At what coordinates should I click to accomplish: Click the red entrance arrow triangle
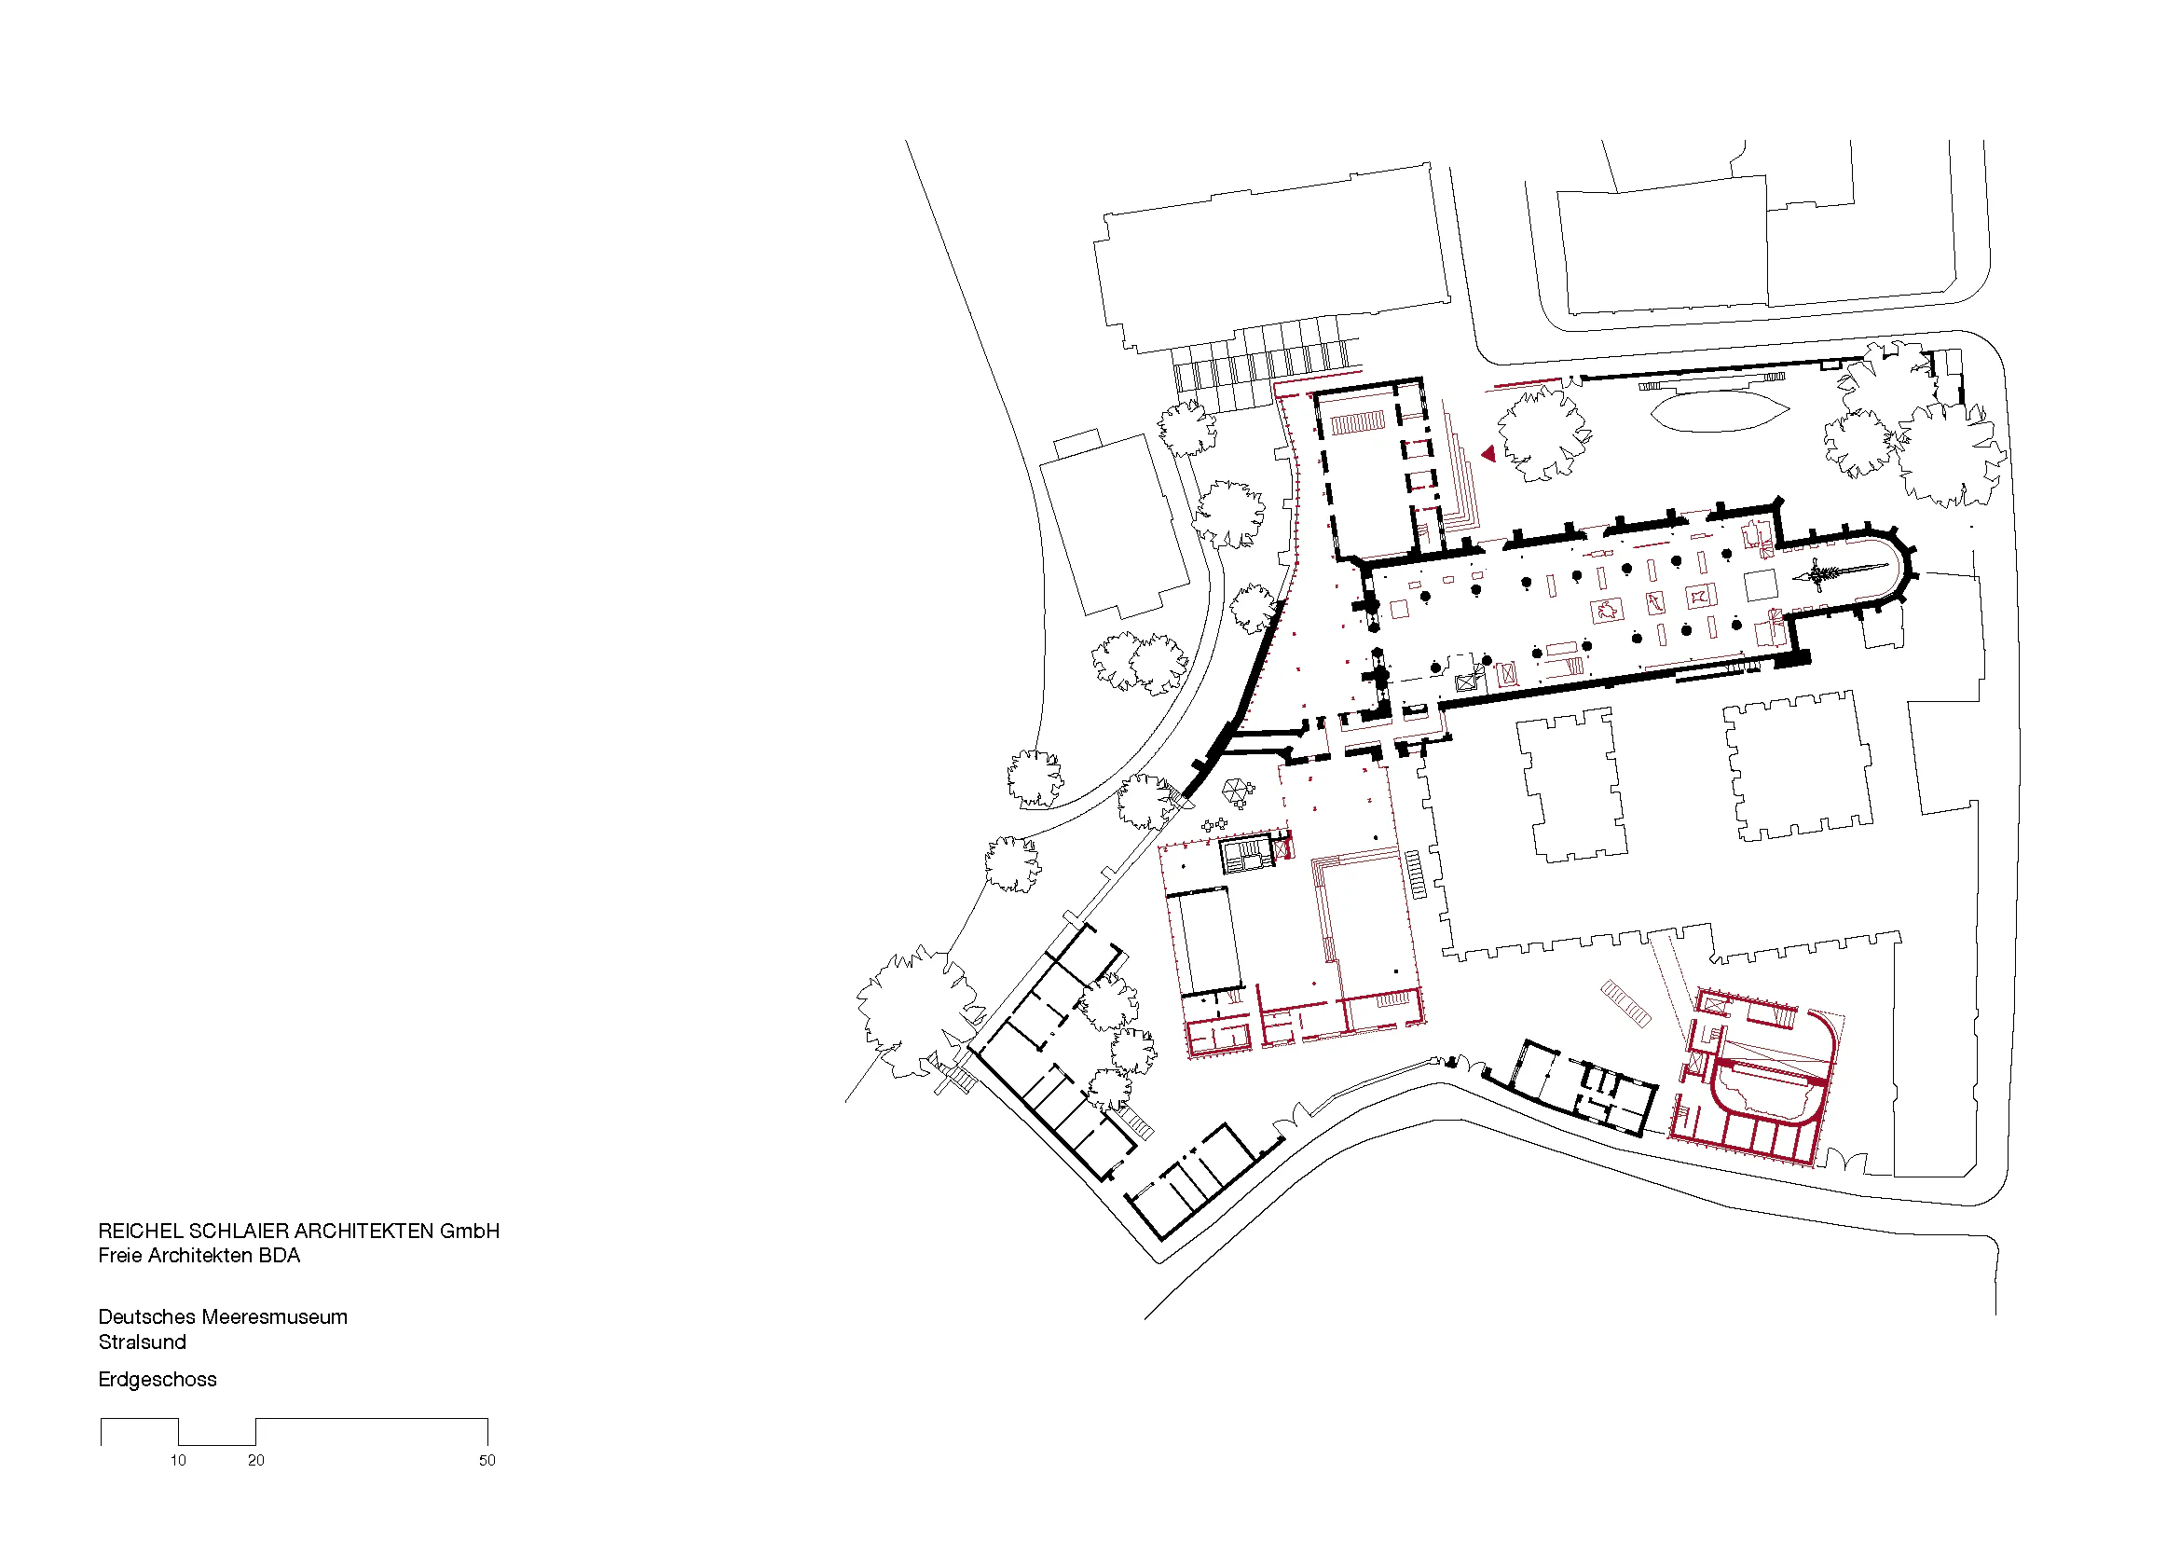(x=1488, y=455)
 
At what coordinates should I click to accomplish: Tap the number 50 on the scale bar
(x=487, y=1460)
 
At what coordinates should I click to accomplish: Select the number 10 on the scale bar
(x=179, y=1460)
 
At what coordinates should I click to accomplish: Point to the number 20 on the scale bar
(x=256, y=1460)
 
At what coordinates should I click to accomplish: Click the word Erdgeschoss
(x=158, y=1380)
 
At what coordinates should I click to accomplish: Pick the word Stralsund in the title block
(x=143, y=1342)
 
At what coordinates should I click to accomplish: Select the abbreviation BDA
(x=281, y=1255)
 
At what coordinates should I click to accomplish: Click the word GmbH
(x=470, y=1232)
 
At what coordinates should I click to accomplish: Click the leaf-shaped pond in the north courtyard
(x=1720, y=411)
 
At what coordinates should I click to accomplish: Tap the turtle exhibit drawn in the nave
(x=1608, y=610)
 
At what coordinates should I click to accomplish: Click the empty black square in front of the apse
(x=1762, y=585)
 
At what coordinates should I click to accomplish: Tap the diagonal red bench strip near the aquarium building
(x=1625, y=1004)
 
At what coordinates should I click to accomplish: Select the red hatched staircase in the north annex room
(x=1358, y=423)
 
